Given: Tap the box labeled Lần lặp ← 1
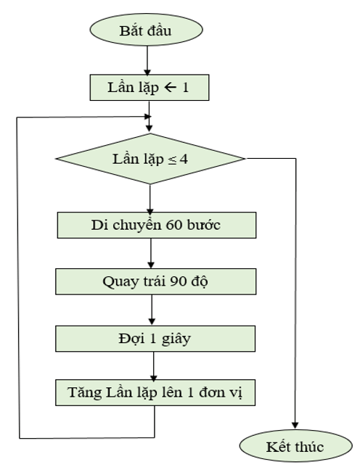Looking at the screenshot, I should [149, 88].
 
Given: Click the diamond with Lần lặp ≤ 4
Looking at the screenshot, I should [150, 159].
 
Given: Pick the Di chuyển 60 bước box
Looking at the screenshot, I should [156, 224].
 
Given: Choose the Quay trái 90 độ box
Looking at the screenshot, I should [156, 281].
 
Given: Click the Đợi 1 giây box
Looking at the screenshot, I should [156, 337].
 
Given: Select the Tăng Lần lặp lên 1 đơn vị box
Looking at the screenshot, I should [156, 392].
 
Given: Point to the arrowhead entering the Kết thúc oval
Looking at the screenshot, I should [295, 426].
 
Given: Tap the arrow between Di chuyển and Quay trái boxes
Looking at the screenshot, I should [150, 253].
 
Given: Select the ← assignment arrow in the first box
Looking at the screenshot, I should [171, 88].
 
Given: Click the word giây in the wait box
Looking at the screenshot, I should [179, 337].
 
